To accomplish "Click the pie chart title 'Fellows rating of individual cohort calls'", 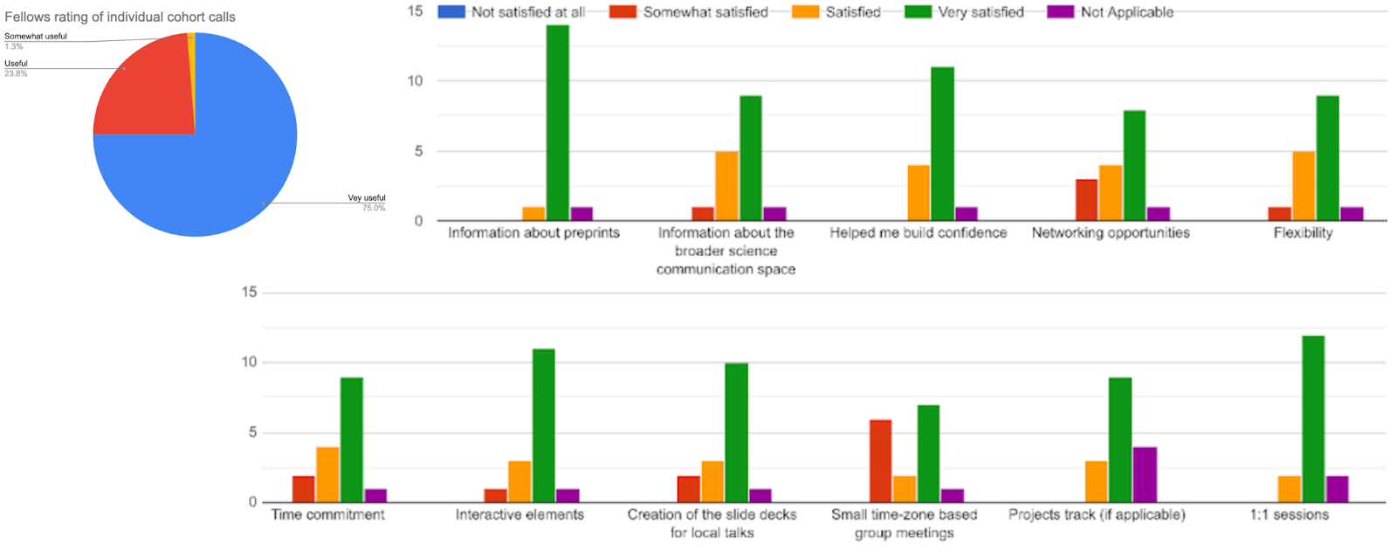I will pyautogui.click(x=120, y=17).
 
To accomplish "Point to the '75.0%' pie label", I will pyautogui.click(x=374, y=208).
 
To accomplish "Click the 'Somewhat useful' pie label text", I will pyautogui.click(x=36, y=37).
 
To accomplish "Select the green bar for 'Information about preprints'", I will pyautogui.click(x=557, y=122).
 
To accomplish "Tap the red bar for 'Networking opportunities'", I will pyautogui.click(x=1086, y=200).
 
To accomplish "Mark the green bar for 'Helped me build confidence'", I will pyautogui.click(x=942, y=144).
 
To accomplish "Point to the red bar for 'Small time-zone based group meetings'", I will pyautogui.click(x=881, y=461).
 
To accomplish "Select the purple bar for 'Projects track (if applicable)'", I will pyautogui.click(x=1145, y=475).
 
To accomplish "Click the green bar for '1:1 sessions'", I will pyautogui.click(x=1312, y=419).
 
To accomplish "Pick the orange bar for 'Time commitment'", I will pyautogui.click(x=327, y=475).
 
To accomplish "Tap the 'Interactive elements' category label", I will pyautogui.click(x=520, y=514).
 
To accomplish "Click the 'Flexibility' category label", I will pyautogui.click(x=1303, y=233).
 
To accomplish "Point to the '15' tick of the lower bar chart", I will pyautogui.click(x=250, y=292).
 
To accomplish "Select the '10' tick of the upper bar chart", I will pyautogui.click(x=415, y=80).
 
